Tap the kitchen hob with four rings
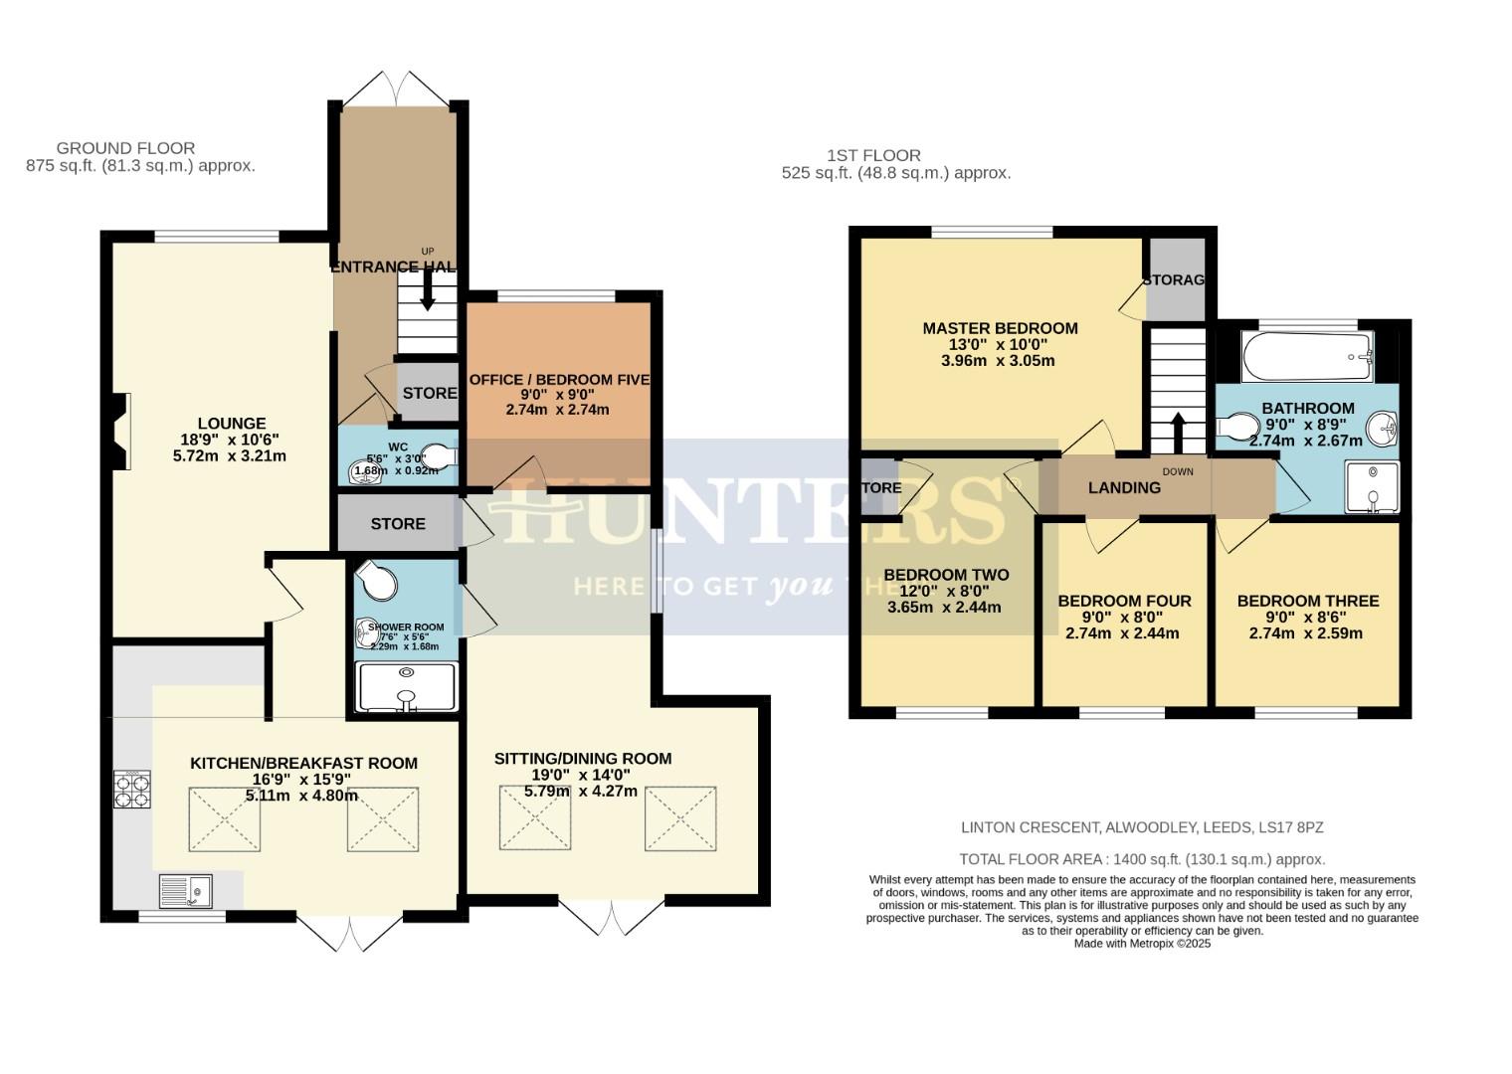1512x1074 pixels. [132, 789]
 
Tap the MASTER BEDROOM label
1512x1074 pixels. [999, 328]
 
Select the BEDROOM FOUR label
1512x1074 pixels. [1123, 601]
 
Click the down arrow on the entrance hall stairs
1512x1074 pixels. [428, 291]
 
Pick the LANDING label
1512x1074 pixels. [1124, 487]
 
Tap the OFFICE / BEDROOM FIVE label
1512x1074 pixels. [558, 380]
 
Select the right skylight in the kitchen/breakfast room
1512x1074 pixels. [383, 818]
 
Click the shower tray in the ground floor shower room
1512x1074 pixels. [406, 687]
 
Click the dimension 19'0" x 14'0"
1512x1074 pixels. [582, 775]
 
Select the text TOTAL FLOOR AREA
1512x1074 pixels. [1029, 859]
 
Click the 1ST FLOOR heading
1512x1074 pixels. [873, 155]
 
